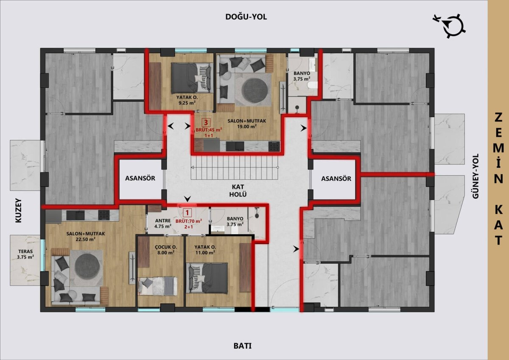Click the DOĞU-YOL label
246,17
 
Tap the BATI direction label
243,346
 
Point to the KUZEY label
18,211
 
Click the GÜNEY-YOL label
475,176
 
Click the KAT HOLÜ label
238,191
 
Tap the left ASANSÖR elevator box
140,178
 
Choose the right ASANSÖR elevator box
336,179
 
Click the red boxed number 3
206,123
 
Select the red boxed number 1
187,213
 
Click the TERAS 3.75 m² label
25,254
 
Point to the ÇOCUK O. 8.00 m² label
166,250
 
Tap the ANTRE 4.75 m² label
163,223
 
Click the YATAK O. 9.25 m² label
187,100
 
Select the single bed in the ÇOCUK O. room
158,286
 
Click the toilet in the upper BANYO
312,85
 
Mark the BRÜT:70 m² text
189,221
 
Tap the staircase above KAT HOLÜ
235,168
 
